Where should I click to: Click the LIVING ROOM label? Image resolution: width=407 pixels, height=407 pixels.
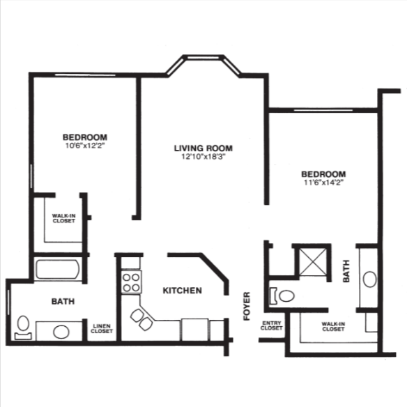click(x=203, y=148)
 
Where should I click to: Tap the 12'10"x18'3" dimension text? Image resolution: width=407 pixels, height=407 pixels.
click(x=203, y=157)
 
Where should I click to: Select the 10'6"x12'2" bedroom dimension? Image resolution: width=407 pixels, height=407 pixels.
click(x=84, y=146)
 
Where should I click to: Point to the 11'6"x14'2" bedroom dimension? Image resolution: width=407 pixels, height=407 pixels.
click(x=323, y=183)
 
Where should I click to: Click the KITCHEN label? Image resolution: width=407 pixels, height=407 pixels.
click(x=183, y=290)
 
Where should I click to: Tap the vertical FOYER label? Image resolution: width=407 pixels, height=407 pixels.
click(x=247, y=306)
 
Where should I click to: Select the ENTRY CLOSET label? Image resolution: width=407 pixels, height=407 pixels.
click(x=271, y=327)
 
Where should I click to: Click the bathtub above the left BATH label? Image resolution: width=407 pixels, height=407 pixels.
click(x=59, y=270)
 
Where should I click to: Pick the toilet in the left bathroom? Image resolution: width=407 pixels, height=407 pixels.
click(x=23, y=326)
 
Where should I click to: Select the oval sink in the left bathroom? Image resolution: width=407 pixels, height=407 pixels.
click(x=61, y=330)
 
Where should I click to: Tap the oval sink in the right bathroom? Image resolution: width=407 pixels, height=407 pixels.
click(x=369, y=280)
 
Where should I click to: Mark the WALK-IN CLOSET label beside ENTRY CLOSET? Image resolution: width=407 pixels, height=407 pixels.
click(x=332, y=327)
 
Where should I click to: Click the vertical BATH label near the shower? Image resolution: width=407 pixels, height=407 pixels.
click(x=346, y=271)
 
